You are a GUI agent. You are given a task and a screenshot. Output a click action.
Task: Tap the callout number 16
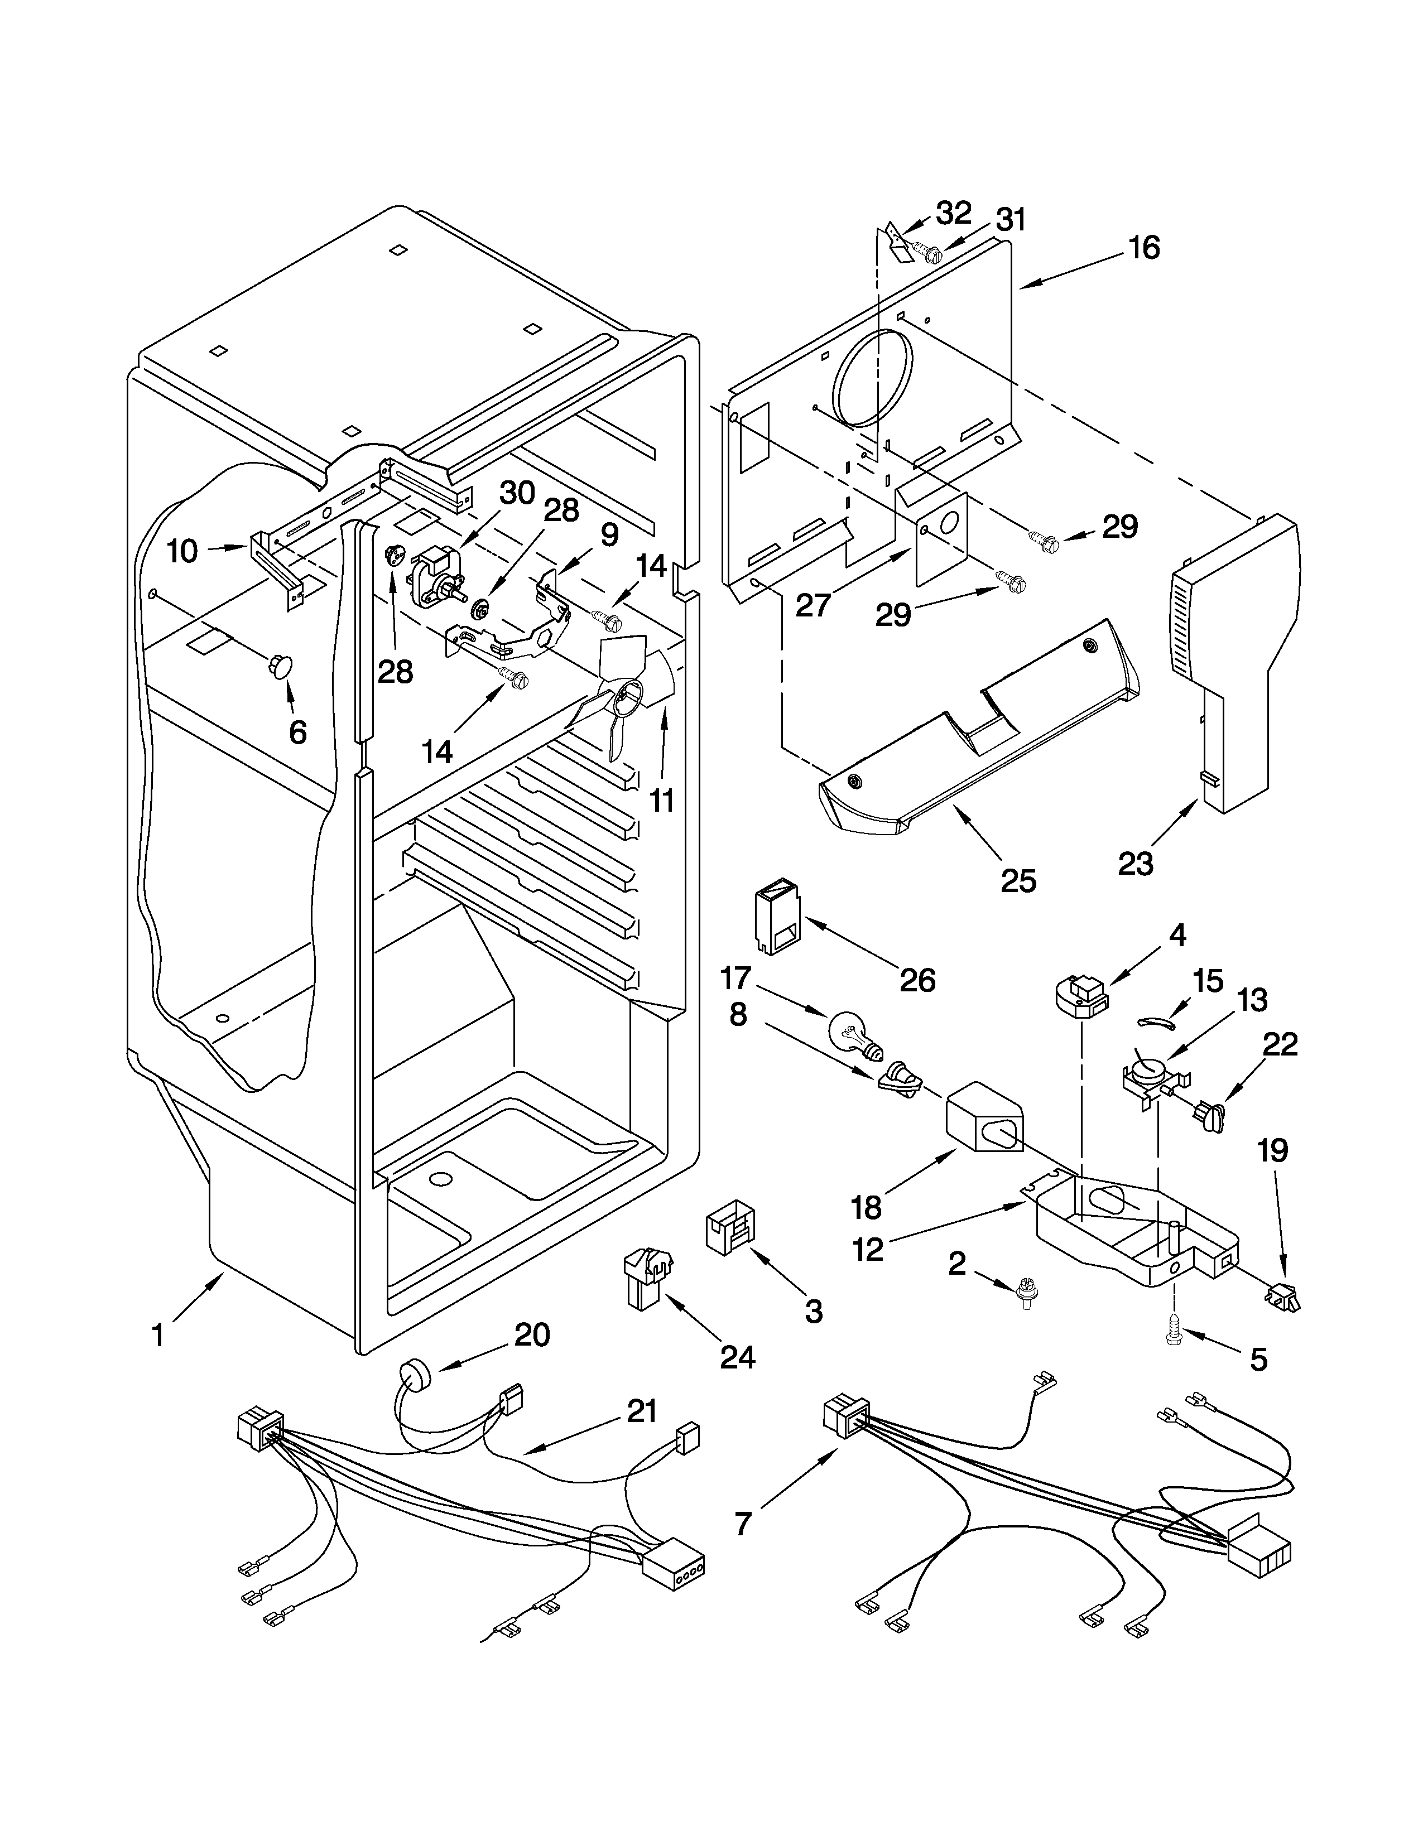[1144, 248]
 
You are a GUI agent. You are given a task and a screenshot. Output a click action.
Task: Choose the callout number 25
[1018, 881]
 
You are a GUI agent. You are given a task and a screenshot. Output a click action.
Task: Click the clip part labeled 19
[1283, 1297]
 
